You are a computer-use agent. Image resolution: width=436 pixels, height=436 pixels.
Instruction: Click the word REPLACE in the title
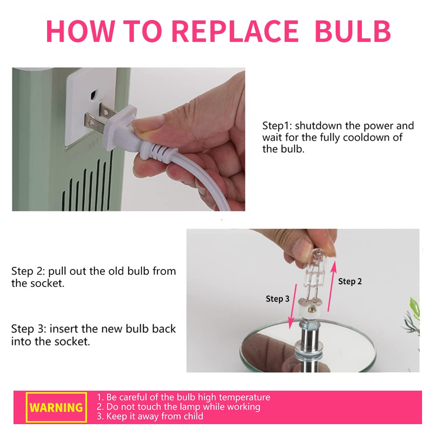[x=235, y=31]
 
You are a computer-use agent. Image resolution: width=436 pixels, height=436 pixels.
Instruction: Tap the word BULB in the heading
[x=353, y=31]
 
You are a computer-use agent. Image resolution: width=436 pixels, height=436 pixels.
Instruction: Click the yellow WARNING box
[x=56, y=407]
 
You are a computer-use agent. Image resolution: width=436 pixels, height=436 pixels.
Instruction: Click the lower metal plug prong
[x=94, y=120]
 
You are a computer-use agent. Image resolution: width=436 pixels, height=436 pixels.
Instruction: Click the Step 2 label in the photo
[x=350, y=281]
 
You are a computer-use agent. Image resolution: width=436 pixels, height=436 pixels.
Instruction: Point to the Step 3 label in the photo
[x=277, y=299]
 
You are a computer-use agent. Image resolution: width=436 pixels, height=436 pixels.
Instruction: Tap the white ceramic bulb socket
[x=310, y=308]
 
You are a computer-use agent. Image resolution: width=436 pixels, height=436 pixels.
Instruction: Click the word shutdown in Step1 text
[x=318, y=126]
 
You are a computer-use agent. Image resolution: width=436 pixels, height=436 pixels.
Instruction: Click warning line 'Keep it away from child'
[x=150, y=416]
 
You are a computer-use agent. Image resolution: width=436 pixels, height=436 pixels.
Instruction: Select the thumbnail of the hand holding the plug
[x=129, y=139]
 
